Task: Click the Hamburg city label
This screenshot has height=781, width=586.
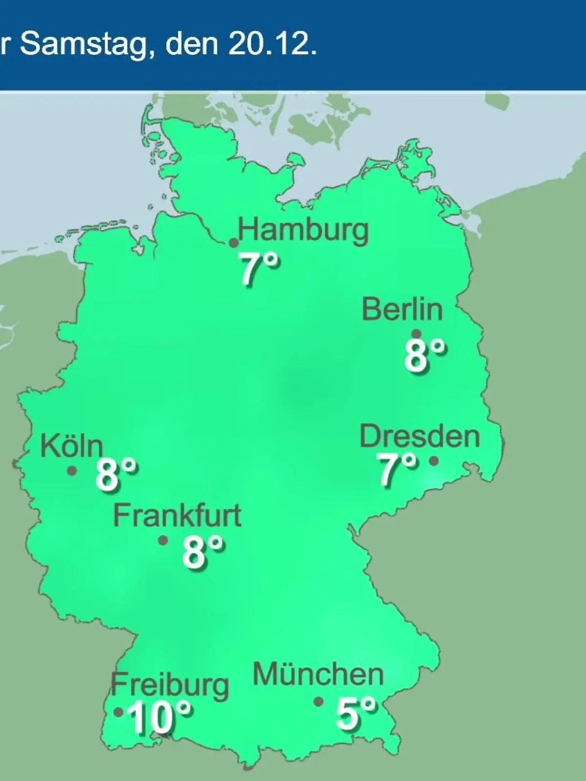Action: pos(303,230)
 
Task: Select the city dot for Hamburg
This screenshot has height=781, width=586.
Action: pos(234,243)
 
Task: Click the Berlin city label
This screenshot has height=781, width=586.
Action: pos(402,309)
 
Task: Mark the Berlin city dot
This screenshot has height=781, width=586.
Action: pos(417,334)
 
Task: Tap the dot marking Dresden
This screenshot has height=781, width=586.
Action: pos(433,461)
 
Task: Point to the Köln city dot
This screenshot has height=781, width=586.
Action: pos(72,471)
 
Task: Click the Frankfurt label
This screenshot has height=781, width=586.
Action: pos(177,515)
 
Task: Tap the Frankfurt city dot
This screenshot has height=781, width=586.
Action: pos(163,540)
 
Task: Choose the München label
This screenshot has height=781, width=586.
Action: pos(318,675)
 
